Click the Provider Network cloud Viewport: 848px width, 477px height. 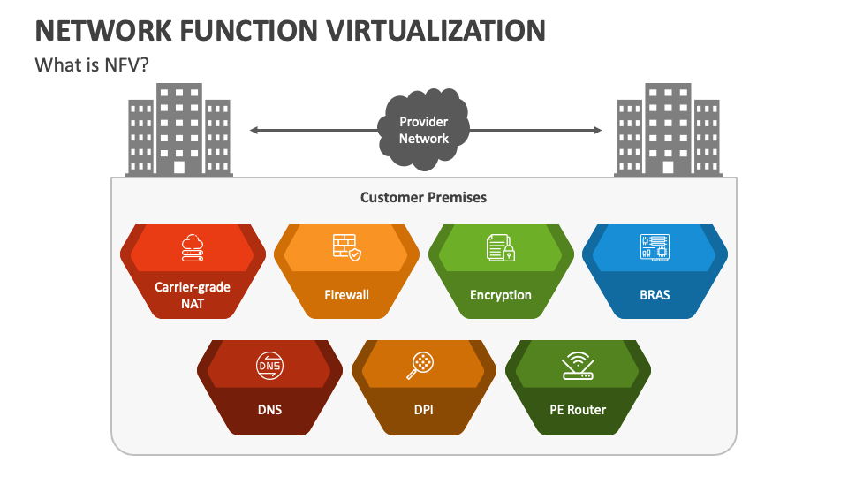coord(424,130)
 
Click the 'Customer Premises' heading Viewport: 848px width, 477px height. coord(423,197)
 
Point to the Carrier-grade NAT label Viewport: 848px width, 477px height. coord(192,295)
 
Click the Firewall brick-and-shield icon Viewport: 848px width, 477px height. coord(346,247)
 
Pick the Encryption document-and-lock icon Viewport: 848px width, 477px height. coord(501,247)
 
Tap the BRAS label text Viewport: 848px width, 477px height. coord(655,294)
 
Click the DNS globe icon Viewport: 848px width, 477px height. coord(269,364)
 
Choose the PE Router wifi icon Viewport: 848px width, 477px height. coord(578,364)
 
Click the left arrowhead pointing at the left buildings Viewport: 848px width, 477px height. coord(254,131)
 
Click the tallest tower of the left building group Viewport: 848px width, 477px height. coord(179,128)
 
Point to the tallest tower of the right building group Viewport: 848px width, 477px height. coord(668,128)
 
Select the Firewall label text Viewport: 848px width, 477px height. coord(346,295)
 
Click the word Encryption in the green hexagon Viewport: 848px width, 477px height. coord(501,295)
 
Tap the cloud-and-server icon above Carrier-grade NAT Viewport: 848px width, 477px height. coord(192,247)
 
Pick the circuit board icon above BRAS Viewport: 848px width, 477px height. coord(655,247)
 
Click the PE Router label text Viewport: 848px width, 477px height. coord(578,409)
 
